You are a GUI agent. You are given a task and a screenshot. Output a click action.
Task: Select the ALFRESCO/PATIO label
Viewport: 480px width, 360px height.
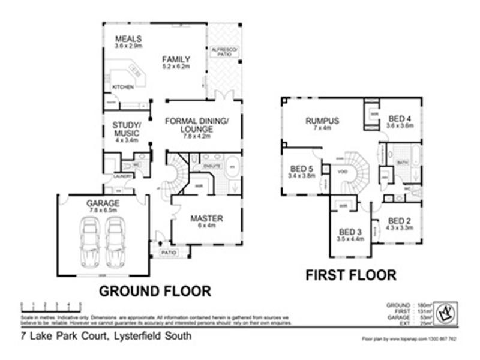tap(226, 51)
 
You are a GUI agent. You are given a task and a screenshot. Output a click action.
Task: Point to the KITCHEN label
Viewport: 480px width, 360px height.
tap(123, 88)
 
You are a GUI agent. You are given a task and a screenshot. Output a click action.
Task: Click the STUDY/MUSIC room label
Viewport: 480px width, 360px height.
tap(126, 129)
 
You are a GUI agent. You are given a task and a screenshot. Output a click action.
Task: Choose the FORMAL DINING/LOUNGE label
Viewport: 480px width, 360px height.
tap(197, 125)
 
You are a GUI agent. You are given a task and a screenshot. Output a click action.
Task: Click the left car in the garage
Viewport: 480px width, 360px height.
tap(91, 241)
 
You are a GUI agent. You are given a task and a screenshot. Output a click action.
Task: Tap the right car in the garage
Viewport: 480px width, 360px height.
tap(116, 241)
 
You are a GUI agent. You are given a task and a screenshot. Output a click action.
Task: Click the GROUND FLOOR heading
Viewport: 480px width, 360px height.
tap(155, 292)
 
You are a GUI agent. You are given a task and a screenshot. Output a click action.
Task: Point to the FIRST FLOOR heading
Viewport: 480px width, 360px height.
tap(351, 275)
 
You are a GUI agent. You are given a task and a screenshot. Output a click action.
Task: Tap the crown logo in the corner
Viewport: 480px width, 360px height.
tap(446, 312)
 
